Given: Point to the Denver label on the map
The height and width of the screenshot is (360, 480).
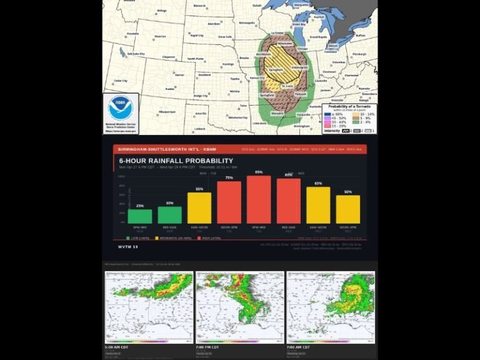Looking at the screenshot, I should [180, 74].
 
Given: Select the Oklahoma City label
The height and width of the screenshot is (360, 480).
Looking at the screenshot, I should [238, 117].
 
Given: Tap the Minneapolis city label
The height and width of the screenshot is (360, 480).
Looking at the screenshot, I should [247, 23].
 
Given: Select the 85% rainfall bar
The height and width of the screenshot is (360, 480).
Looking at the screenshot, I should [259, 199].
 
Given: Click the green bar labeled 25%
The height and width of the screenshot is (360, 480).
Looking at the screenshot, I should [139, 216].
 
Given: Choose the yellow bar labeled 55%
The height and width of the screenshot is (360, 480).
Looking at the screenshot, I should [199, 207].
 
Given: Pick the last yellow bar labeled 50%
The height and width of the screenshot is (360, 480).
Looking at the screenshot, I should [347, 209].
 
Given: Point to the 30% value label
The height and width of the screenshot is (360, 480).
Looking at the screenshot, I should [169, 203].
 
